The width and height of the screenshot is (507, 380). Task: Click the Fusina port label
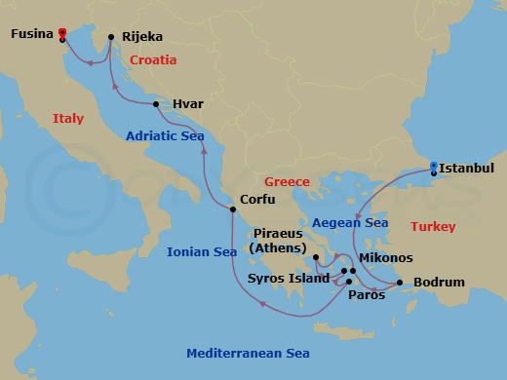pos(32,34)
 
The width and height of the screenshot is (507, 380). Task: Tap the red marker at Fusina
pos(62,32)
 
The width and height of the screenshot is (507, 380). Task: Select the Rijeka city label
pos(142,38)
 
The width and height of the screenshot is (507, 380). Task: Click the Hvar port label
pos(188,103)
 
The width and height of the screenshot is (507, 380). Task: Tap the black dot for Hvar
pos(156,103)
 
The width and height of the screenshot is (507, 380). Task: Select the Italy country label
pos(68,119)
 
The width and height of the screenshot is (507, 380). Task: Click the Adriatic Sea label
pos(165,136)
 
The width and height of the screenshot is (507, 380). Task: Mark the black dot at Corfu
pos(231,209)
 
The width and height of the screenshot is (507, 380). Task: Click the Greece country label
pos(288,182)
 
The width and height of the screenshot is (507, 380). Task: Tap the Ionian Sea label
pos(202,251)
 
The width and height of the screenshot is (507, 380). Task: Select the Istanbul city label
pos(466,169)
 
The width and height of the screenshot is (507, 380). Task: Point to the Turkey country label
pos(432,227)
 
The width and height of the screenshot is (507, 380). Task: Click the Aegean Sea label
pos(349,223)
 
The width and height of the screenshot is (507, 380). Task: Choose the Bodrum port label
pos(439,284)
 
